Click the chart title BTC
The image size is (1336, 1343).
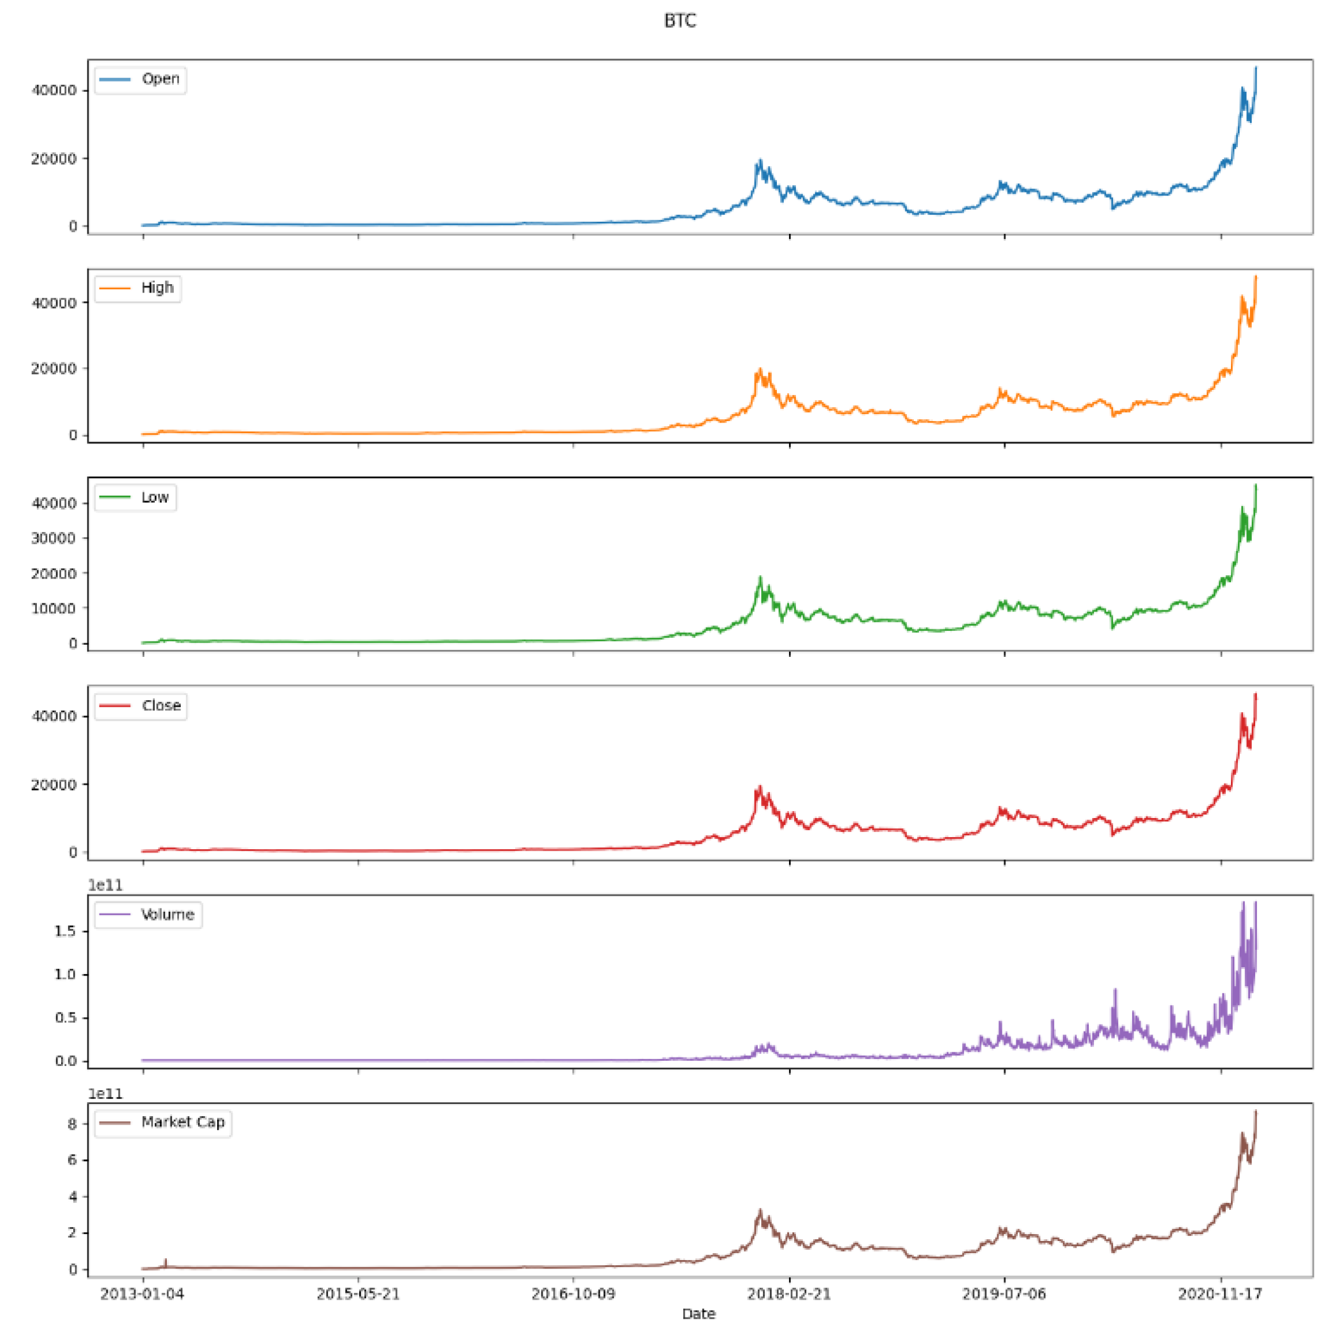click(x=679, y=21)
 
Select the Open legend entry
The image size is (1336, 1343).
click(x=160, y=79)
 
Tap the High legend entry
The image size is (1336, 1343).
click(x=157, y=288)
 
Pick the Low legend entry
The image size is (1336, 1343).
click(x=154, y=497)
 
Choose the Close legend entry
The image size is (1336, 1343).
click(x=160, y=705)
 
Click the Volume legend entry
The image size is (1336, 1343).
click(x=167, y=914)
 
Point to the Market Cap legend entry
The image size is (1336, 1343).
click(x=182, y=1122)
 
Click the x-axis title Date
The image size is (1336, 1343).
click(x=698, y=1313)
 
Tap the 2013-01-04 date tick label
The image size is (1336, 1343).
click(x=143, y=1294)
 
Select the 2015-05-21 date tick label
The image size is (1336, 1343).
click(x=358, y=1294)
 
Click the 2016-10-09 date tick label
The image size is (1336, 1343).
click(x=573, y=1294)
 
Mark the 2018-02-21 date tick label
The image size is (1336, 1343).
click(x=788, y=1294)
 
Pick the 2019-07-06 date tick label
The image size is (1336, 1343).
click(x=1004, y=1294)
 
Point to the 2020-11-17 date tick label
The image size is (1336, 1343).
click(x=1220, y=1294)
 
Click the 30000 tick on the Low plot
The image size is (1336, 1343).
click(x=53, y=538)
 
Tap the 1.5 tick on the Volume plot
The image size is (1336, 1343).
click(x=66, y=931)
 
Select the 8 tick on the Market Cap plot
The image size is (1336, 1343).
click(x=71, y=1124)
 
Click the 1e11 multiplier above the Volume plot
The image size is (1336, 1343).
click(x=105, y=885)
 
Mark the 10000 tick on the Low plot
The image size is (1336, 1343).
click(x=53, y=608)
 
